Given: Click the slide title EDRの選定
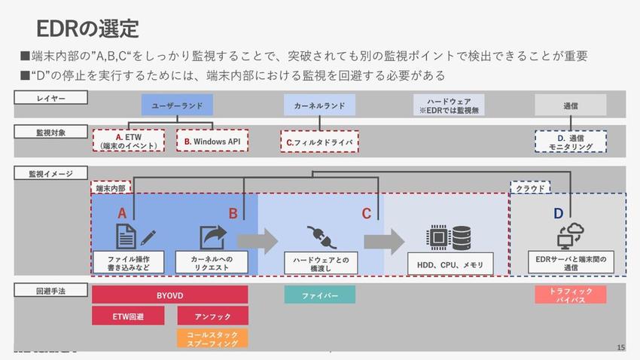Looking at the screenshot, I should tap(87, 29).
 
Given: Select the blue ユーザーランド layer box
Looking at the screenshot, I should tap(178, 105).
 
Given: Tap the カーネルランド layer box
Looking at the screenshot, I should tap(319, 105).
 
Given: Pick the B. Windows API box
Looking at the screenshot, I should tap(212, 141).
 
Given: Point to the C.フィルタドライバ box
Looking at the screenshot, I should tap(319, 141).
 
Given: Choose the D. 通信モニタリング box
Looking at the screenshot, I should tap(571, 142).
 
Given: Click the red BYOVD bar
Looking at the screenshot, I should tap(169, 294).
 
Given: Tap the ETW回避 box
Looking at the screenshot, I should tap(128, 316).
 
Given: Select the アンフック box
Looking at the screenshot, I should tap(213, 316).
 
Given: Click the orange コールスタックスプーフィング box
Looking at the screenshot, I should tap(213, 338).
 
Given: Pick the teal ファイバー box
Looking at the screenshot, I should tap(319, 294).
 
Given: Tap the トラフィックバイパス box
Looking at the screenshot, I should tap(570, 294).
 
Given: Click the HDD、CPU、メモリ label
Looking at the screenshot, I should tap(450, 264).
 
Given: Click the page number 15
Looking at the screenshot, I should tap(620, 347).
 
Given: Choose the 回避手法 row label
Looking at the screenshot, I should tap(51, 291).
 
